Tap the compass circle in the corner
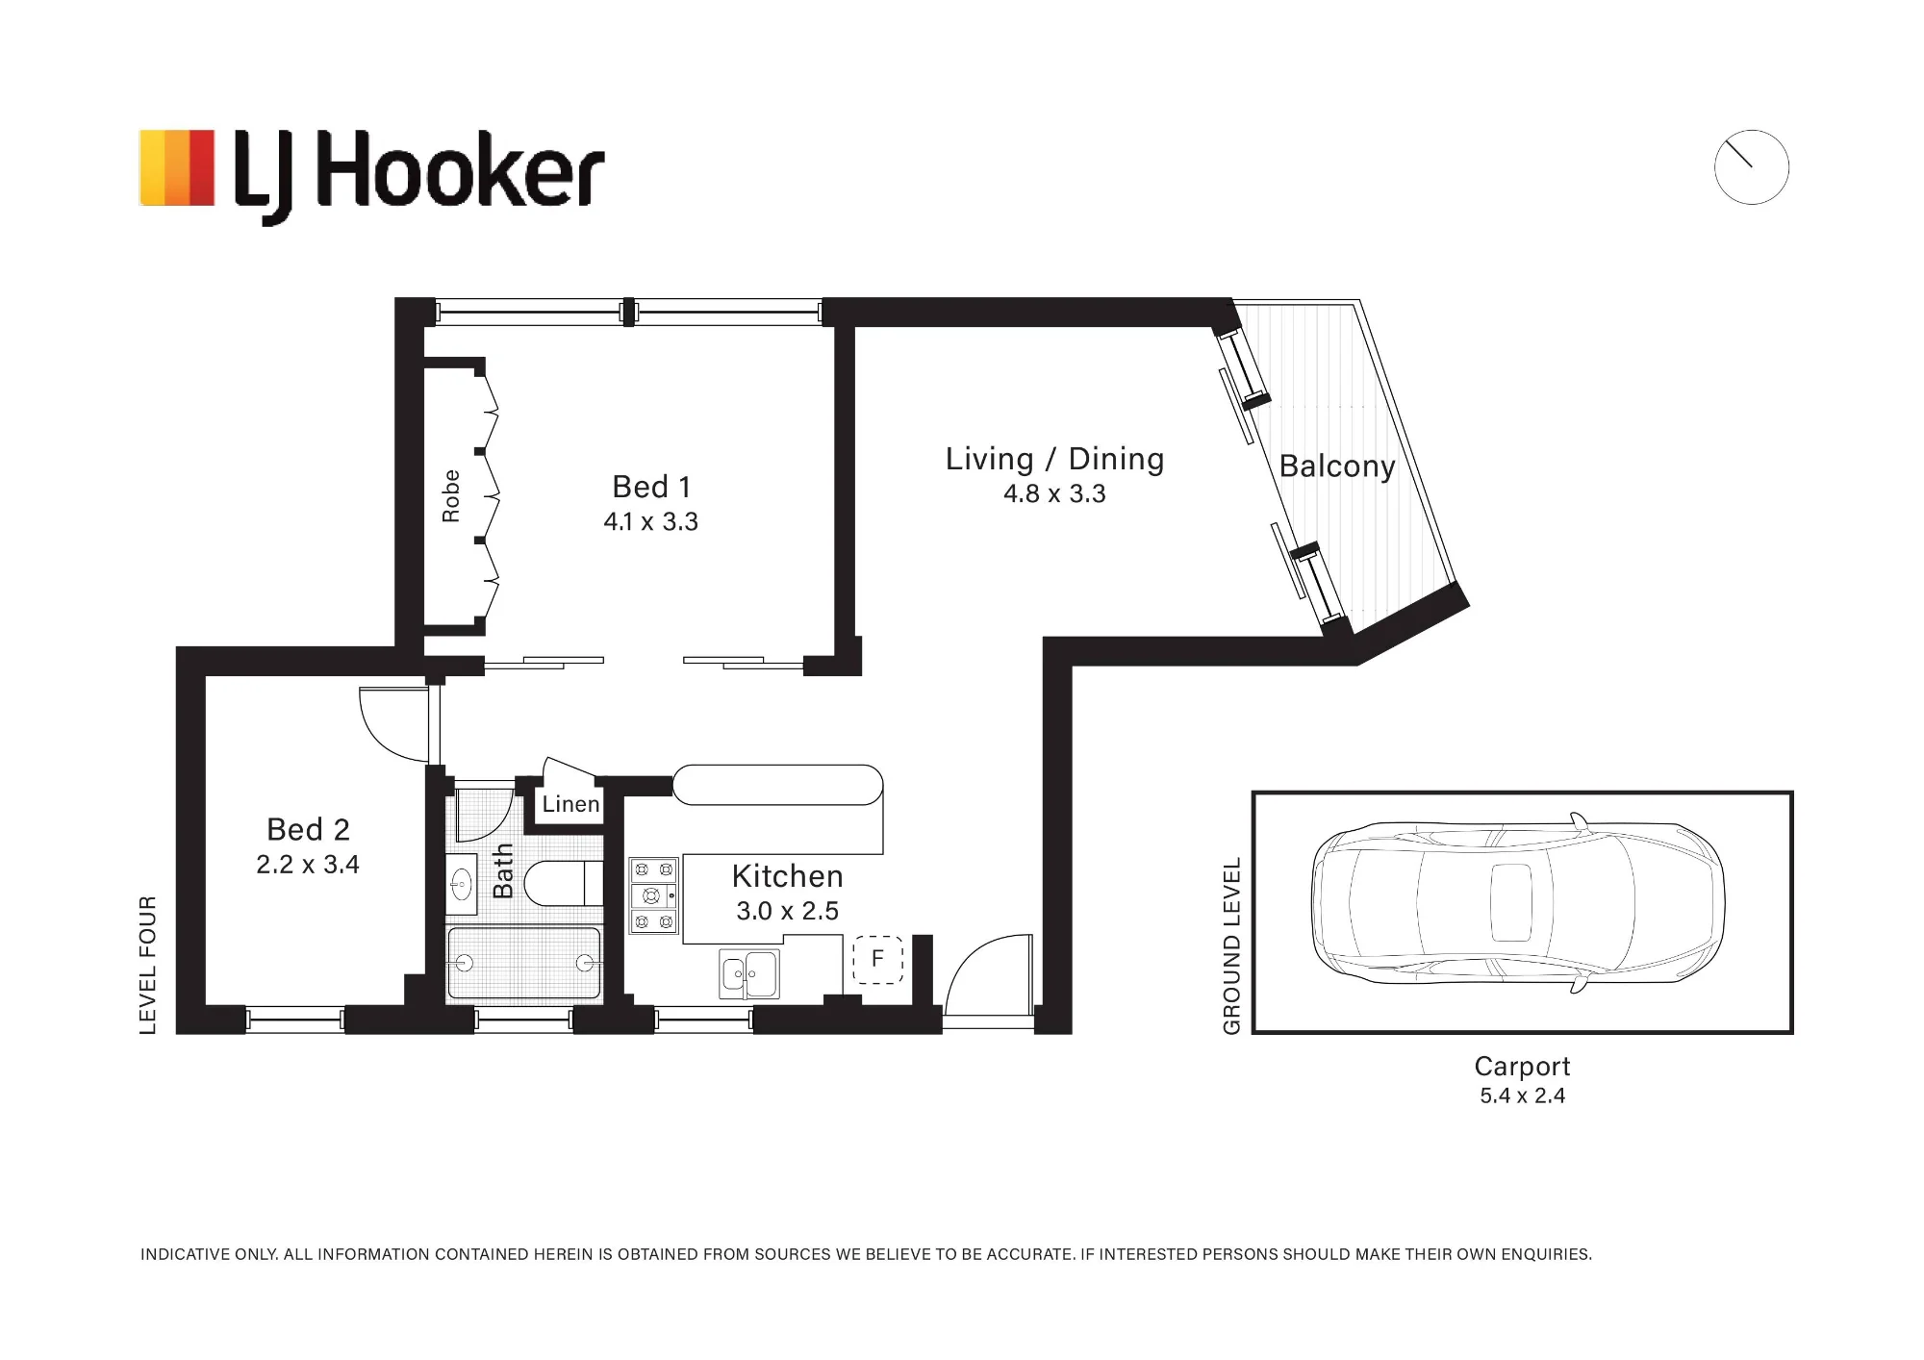(x=1751, y=131)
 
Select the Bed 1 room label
(x=651, y=487)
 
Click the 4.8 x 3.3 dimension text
(x=1054, y=493)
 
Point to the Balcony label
(x=1337, y=466)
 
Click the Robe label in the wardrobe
(x=450, y=496)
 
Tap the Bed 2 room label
(x=308, y=829)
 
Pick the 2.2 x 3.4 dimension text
(x=308, y=865)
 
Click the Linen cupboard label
(x=570, y=804)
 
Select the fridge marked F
(x=877, y=959)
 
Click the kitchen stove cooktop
(x=653, y=895)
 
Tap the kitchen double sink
(x=749, y=973)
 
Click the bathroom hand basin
(x=462, y=883)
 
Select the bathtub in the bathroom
(x=524, y=963)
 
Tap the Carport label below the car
(x=1522, y=1067)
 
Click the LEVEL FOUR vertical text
(x=148, y=965)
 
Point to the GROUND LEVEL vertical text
(x=1231, y=945)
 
